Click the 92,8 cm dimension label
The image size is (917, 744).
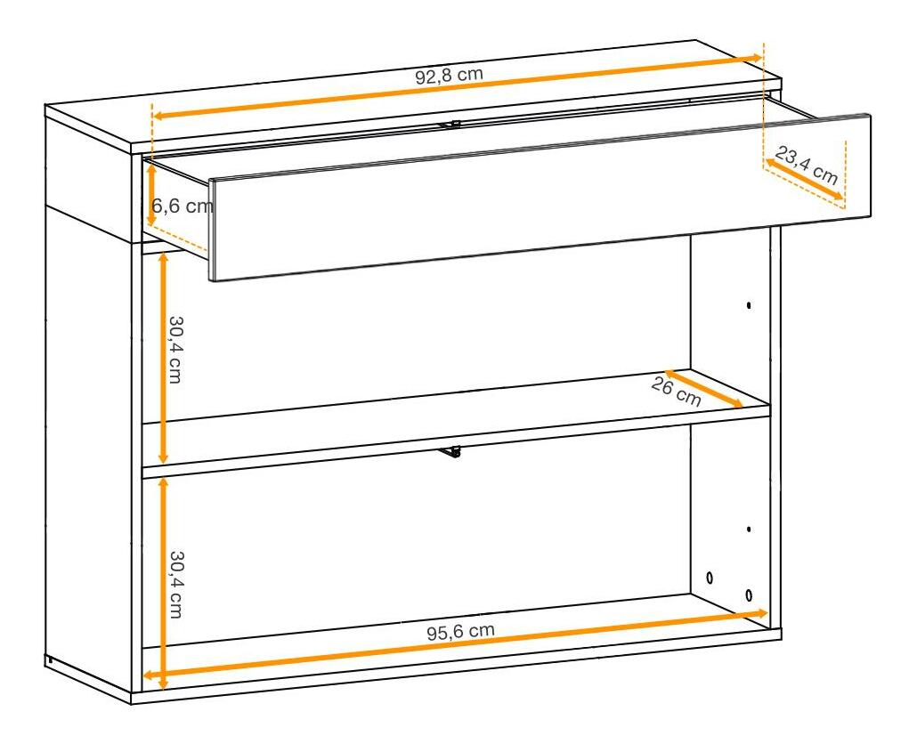[449, 76]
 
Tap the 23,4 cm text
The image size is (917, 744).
[807, 166]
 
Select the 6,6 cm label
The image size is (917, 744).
[182, 206]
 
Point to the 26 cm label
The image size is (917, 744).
[676, 392]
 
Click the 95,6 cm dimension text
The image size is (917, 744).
[460, 632]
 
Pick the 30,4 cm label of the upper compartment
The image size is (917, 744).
[174, 350]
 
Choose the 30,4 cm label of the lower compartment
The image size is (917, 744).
[175, 585]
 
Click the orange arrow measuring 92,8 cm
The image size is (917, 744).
[458, 87]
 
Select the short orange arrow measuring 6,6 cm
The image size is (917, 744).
[150, 195]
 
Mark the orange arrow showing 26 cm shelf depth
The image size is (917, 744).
[703, 388]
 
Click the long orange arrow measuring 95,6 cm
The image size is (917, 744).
[456, 644]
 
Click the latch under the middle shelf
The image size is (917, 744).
[450, 452]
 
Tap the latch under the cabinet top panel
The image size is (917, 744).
[450, 125]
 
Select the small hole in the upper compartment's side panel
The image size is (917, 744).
[749, 305]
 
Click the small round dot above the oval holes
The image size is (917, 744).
[749, 530]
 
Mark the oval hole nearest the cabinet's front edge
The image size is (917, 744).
[749, 595]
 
